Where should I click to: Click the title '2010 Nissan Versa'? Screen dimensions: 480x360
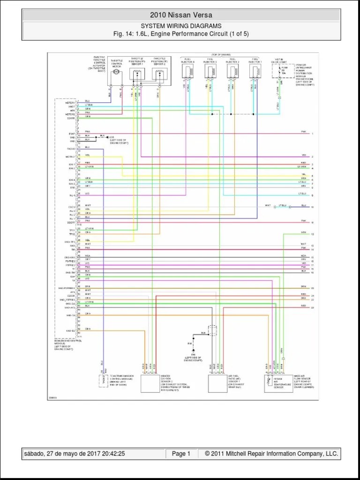tap(180, 15)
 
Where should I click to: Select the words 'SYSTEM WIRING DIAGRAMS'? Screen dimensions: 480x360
tap(180, 26)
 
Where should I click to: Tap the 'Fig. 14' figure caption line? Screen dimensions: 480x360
tap(180, 34)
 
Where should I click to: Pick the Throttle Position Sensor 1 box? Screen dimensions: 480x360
tap(137, 74)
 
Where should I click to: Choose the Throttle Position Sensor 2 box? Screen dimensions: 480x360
tap(159, 74)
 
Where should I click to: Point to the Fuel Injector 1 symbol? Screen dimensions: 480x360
tap(255, 71)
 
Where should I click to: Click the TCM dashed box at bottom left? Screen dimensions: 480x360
tap(103, 381)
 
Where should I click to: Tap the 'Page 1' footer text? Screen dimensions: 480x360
tap(181, 454)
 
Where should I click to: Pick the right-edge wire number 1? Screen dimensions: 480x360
tap(312, 134)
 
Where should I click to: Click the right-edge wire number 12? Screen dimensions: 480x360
tap(312, 233)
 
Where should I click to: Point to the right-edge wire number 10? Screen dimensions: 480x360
tap(312, 206)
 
